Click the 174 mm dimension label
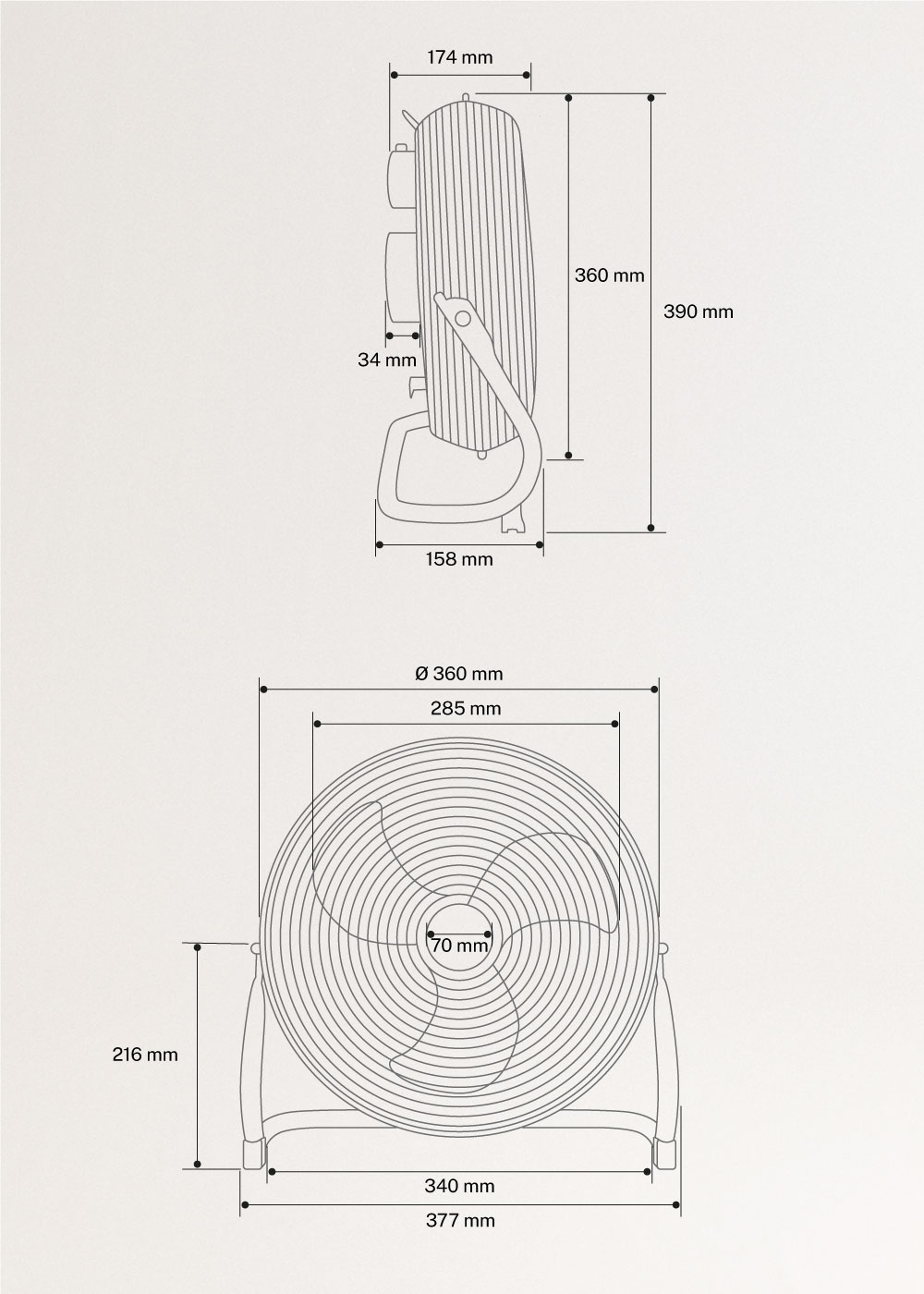(460, 57)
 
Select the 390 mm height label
(699, 311)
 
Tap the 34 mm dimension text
(387, 360)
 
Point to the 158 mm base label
(459, 559)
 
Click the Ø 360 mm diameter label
(459, 674)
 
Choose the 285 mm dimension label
(466, 709)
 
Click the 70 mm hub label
(459, 946)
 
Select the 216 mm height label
(145, 1054)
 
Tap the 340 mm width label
(459, 1186)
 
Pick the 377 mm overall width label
(460, 1221)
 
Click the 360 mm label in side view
(610, 275)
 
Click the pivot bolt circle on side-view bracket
(462, 318)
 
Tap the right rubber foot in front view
(666, 1154)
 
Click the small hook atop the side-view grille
(468, 95)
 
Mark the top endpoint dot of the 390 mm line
(651, 97)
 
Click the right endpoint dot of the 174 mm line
(529, 75)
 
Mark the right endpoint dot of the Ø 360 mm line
(656, 690)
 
